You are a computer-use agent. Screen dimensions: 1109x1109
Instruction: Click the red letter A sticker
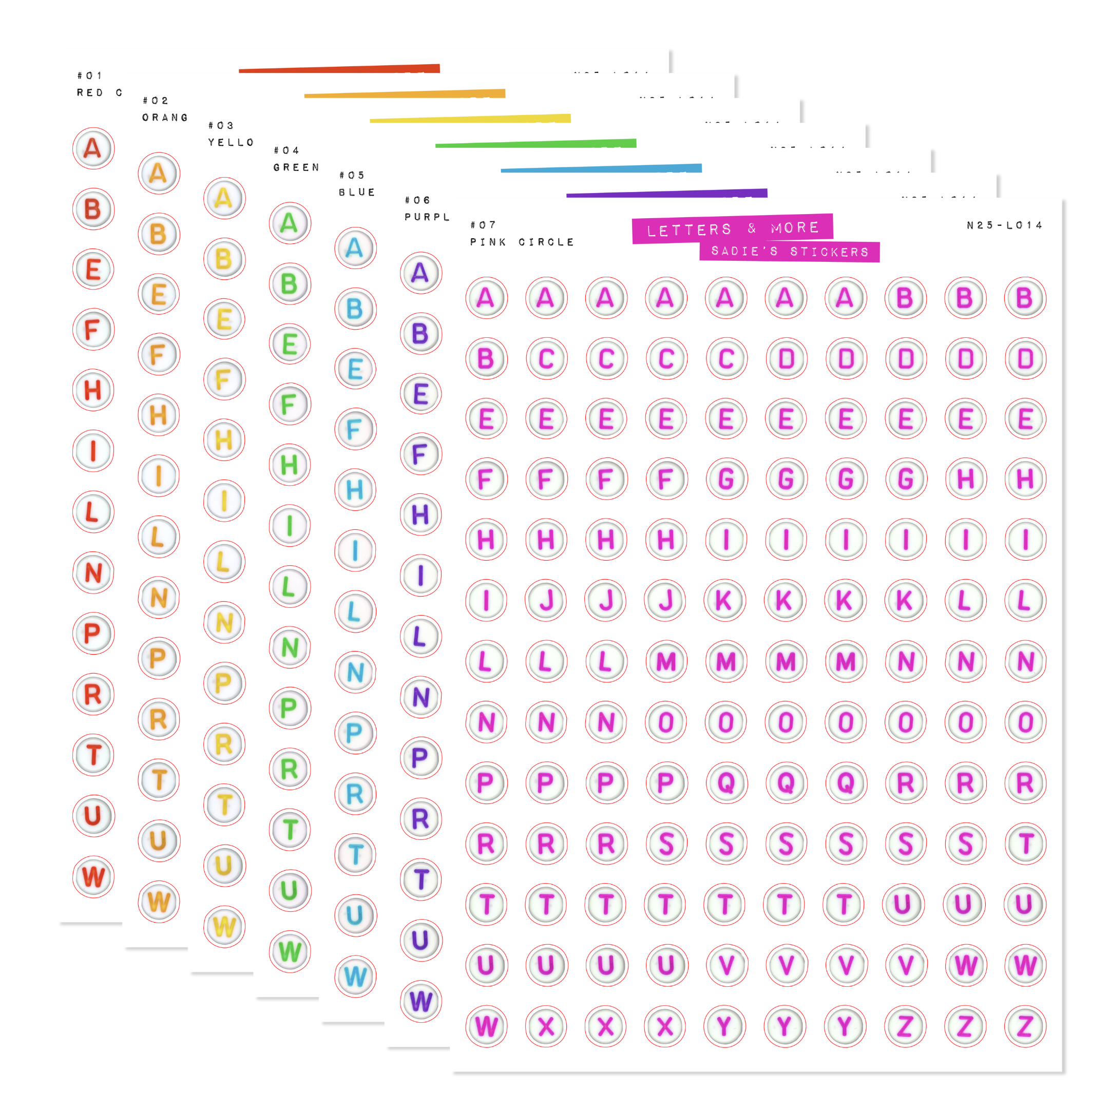coord(93,149)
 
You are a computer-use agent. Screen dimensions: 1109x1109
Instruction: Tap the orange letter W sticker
coord(159,901)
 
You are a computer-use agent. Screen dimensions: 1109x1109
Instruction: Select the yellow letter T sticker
coord(224,804)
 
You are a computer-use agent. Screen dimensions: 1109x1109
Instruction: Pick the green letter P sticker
coord(290,708)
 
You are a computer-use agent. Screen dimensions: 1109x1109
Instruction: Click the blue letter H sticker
coord(355,490)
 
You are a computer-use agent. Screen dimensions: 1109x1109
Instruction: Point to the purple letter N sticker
coord(421,697)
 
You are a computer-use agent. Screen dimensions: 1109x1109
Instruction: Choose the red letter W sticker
coord(93,876)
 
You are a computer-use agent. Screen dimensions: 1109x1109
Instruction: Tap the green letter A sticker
coord(290,223)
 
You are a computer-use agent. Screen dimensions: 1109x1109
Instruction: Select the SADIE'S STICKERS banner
coord(789,252)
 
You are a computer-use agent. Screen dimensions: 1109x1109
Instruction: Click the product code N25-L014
coord(1004,225)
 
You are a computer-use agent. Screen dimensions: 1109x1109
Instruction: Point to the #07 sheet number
coord(483,225)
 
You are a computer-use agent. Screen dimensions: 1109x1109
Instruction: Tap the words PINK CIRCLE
coord(522,242)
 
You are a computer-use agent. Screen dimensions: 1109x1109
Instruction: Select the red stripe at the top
coord(339,69)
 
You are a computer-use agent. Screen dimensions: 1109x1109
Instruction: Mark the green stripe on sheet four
coord(535,144)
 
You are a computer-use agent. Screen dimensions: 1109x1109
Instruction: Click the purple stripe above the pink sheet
coord(666,194)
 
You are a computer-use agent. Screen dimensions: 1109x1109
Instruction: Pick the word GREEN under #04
coord(296,167)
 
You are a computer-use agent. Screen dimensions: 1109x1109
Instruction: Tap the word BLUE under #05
coord(356,193)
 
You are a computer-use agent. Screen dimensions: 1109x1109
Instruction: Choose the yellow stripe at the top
coord(470,119)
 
